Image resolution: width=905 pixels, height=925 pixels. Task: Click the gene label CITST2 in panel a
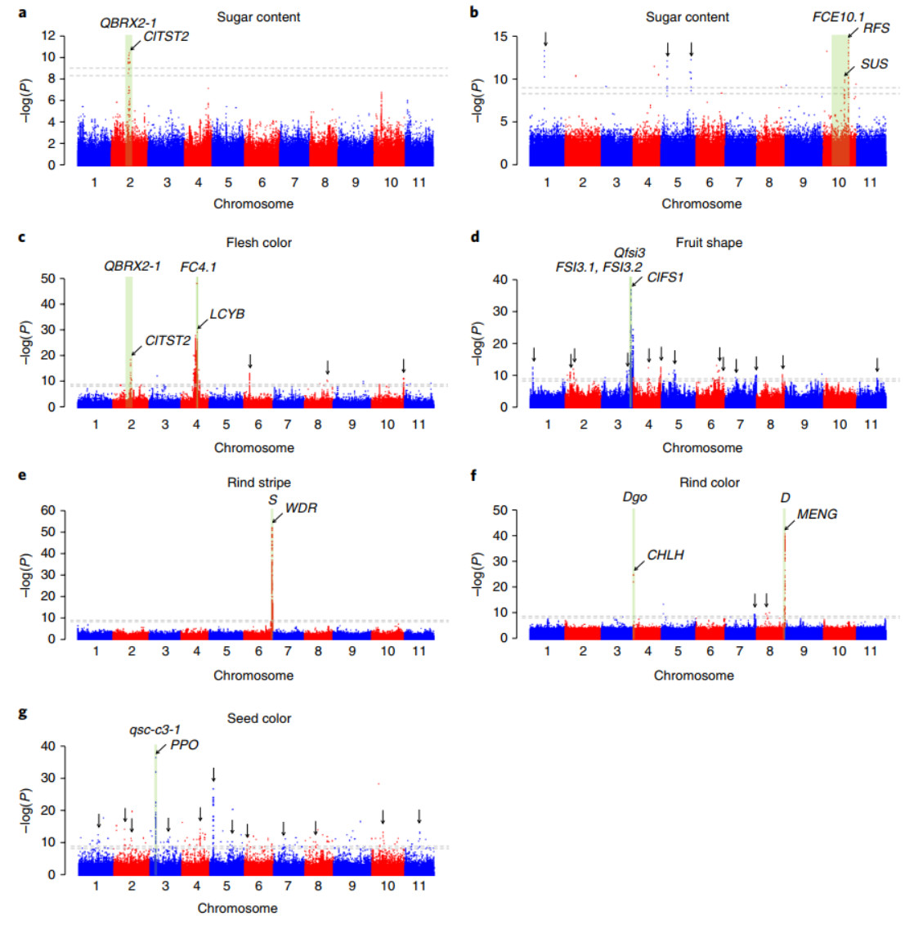tap(167, 36)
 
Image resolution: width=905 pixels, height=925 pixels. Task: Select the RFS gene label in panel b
tap(876, 28)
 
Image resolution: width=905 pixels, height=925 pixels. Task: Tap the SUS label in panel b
tap(874, 64)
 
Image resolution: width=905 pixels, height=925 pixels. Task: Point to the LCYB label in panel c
tap(227, 314)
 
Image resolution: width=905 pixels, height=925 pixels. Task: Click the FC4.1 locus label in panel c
tap(199, 267)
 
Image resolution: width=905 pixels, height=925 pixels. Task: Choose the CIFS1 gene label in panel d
tap(665, 278)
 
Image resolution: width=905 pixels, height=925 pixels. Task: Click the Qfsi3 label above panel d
tap(629, 253)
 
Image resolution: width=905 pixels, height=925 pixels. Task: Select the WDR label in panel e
tap(301, 508)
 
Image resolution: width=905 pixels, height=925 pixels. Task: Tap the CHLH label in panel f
tap(665, 555)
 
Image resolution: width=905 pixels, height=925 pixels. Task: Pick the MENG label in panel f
tap(817, 514)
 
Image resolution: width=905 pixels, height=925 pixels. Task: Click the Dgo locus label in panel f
tap(634, 497)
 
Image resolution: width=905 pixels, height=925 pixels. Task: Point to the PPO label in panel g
tap(184, 745)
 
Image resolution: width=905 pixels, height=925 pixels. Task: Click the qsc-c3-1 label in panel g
tap(155, 730)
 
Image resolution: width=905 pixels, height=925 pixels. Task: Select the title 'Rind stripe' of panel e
tap(259, 483)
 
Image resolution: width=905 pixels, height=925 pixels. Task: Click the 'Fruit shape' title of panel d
tap(709, 243)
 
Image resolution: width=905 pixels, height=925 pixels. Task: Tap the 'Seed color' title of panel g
tap(259, 718)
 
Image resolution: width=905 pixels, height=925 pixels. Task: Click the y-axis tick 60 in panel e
tap(48, 510)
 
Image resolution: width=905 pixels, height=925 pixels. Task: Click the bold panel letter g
tap(22, 713)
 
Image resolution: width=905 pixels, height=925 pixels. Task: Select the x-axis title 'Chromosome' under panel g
tap(237, 908)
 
